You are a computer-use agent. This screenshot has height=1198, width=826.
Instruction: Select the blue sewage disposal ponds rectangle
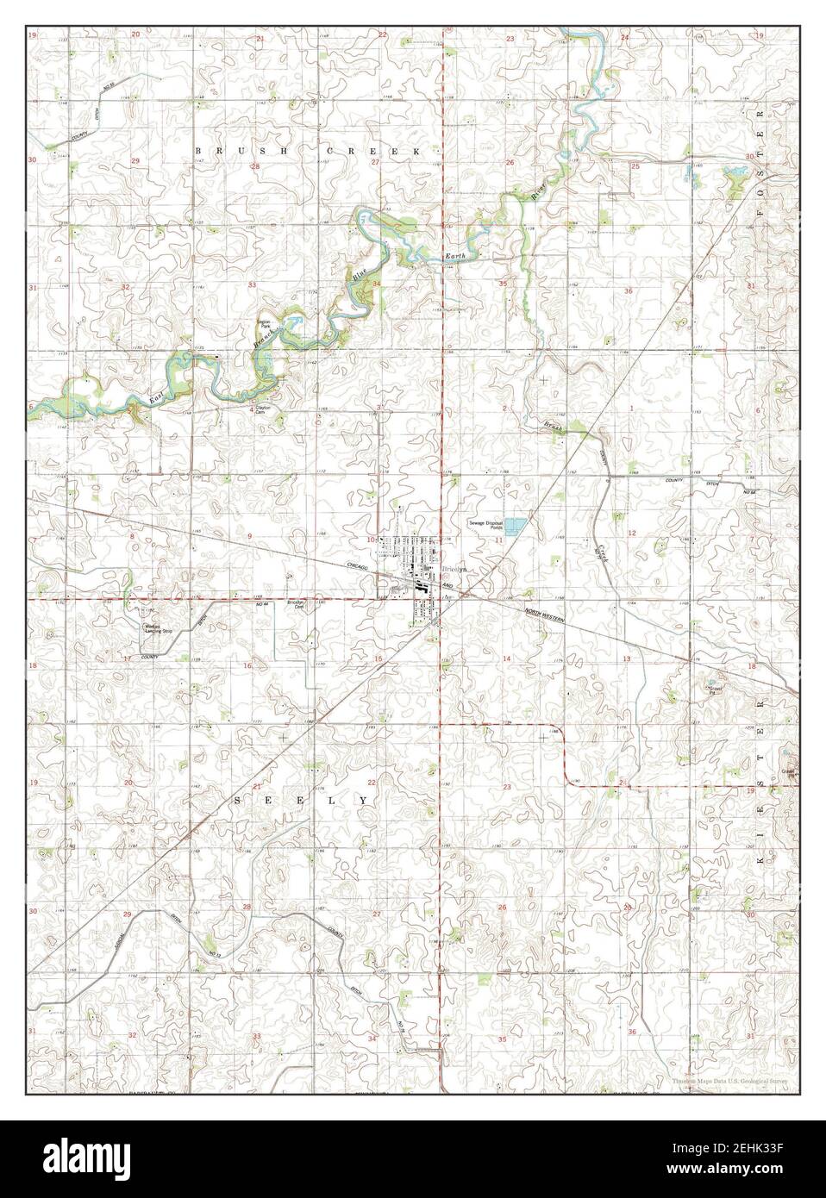tap(516, 525)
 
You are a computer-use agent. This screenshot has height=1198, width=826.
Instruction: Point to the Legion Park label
tap(265, 326)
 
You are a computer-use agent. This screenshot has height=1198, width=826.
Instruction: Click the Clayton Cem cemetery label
tap(264, 412)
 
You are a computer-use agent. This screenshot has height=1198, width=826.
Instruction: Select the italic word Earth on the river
tap(455, 257)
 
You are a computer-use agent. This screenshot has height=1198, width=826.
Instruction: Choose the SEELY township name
tap(301, 801)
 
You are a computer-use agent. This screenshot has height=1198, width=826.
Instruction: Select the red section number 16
tap(248, 665)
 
